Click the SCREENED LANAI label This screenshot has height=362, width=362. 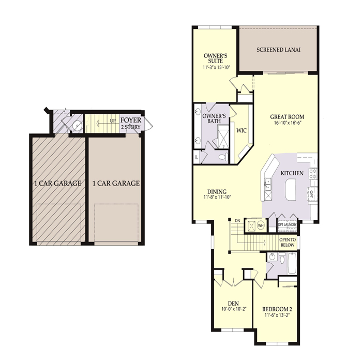coord(279,50)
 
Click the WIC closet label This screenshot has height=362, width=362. coord(241,131)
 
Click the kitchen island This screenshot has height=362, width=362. coord(291,189)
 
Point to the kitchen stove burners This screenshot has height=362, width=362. coord(311,173)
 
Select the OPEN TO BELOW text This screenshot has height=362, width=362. coord(287,243)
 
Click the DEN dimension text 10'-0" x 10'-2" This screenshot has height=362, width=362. coord(233,310)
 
